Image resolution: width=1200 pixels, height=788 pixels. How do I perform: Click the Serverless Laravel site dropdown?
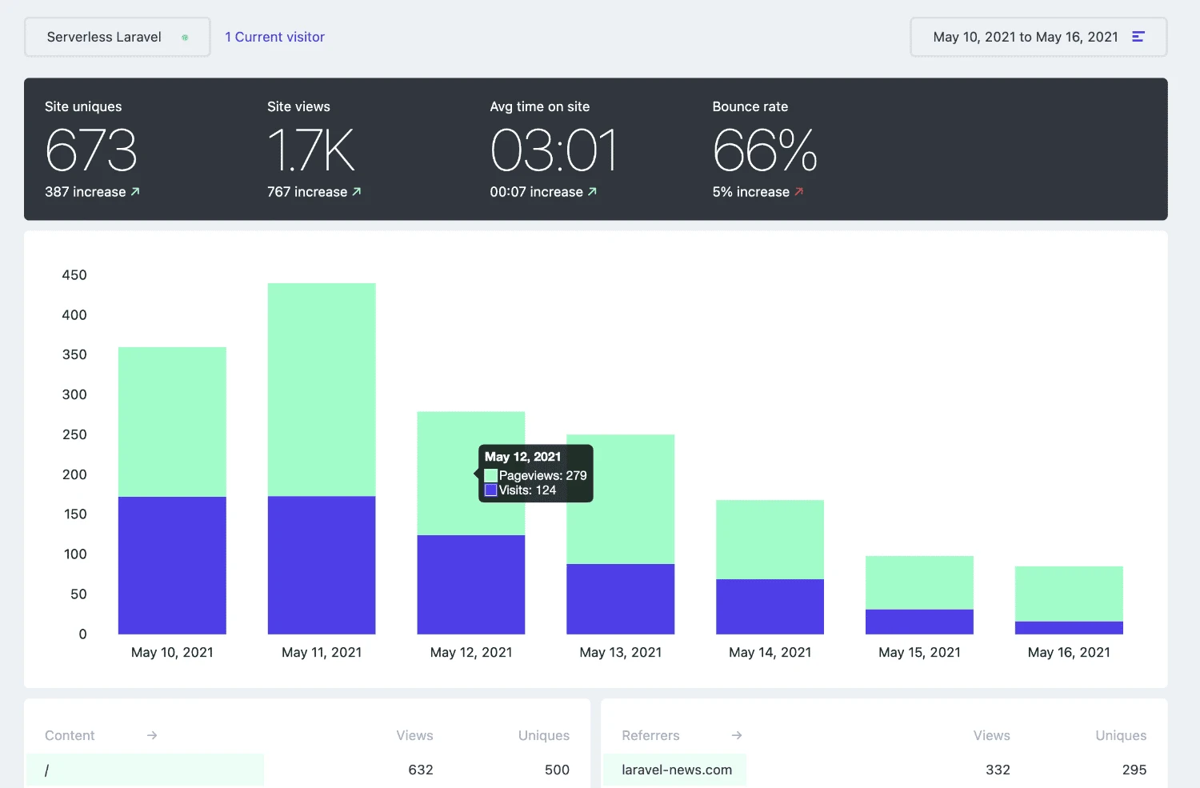point(118,37)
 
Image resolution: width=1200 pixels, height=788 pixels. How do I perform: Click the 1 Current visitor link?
point(274,37)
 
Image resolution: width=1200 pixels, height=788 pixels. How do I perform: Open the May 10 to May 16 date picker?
point(1038,37)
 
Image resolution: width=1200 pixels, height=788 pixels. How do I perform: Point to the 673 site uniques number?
point(91,150)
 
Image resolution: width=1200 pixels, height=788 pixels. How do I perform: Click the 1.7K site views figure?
point(311,150)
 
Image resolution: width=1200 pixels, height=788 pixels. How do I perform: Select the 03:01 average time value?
point(554,150)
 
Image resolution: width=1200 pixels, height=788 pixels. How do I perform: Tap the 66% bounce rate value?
point(765,150)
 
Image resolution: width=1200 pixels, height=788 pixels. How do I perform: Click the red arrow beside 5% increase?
point(798,192)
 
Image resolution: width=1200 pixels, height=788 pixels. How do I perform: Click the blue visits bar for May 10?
point(172,565)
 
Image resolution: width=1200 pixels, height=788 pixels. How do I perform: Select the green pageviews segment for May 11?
point(322,389)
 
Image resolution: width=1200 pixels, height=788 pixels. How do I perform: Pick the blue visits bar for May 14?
point(770,606)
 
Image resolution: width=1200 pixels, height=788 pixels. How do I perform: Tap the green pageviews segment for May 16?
point(1069,594)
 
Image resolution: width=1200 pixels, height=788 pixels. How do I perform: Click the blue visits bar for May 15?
point(919,622)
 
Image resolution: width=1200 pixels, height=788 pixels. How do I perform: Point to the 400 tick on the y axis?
point(74,315)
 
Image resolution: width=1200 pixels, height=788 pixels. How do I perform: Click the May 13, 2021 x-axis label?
point(620,653)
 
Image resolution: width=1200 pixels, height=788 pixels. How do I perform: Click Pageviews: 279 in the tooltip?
point(542,475)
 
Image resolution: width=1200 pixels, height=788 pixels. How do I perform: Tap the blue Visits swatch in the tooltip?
point(491,490)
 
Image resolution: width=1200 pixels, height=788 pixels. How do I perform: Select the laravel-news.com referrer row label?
point(676,770)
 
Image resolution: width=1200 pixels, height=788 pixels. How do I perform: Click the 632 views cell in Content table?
point(420,770)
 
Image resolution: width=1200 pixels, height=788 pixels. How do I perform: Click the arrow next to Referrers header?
point(737,735)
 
